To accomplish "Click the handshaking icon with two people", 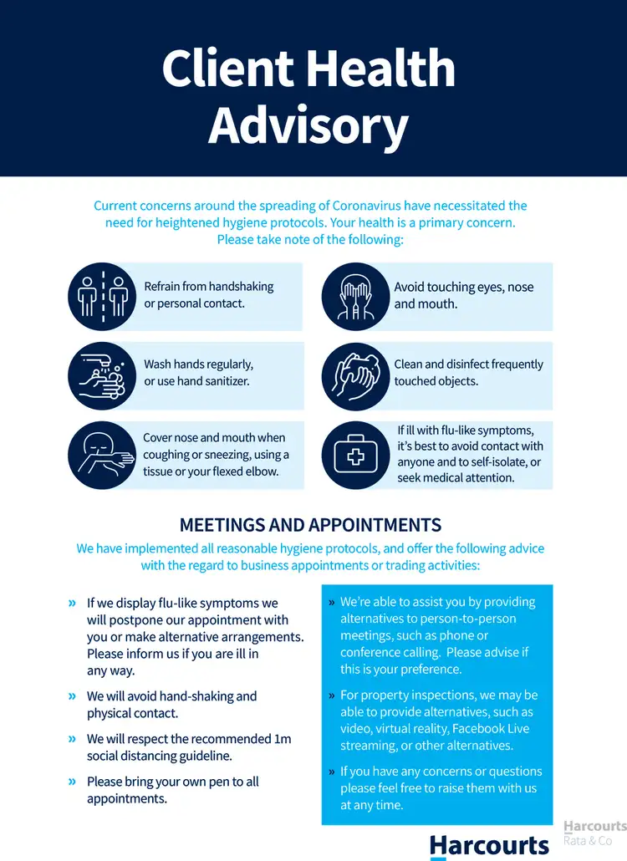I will (100, 296).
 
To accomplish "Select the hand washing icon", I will (100, 375).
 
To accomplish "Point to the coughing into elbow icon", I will (100, 455).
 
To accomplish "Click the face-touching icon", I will (354, 296).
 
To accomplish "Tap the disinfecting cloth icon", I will (354, 375).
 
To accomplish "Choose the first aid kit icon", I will (354, 455).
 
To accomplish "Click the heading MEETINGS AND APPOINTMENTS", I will (310, 525).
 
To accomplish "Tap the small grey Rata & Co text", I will (588, 840).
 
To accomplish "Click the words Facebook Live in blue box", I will (491, 729).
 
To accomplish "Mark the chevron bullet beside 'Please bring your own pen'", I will (73, 782).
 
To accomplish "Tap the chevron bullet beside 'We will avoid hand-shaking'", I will (73, 696).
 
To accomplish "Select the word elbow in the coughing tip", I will (262, 471).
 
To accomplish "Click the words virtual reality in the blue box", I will (410, 729).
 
